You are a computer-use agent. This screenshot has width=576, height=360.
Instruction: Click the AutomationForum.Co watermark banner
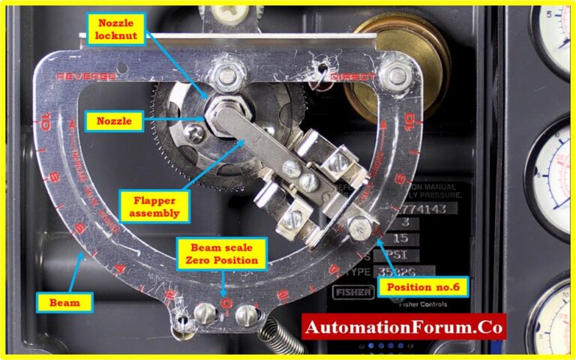coord(403,327)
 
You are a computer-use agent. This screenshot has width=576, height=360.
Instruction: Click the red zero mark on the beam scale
coord(224,300)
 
